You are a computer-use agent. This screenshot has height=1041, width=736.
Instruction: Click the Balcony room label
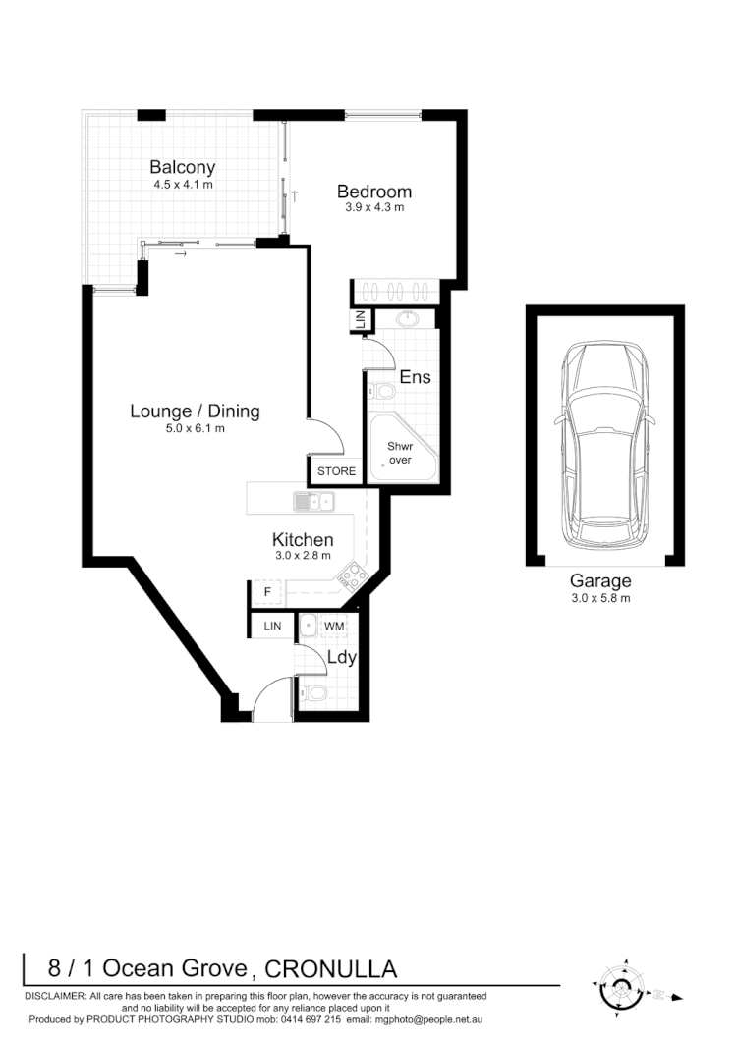182,167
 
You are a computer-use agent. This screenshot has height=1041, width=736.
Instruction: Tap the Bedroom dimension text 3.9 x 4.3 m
373,208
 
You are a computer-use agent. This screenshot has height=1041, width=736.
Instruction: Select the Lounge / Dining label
195,411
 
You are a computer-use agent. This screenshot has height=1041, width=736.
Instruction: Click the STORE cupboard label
336,471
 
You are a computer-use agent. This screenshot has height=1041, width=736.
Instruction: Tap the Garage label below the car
600,581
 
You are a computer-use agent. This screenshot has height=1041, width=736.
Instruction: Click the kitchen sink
313,503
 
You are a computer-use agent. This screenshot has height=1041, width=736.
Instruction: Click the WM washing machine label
334,625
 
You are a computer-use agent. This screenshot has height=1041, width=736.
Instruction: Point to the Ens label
414,377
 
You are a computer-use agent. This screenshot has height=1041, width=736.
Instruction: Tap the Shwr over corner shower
400,452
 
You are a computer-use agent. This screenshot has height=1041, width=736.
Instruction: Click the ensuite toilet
383,393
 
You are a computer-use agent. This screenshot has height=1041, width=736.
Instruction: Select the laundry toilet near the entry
315,694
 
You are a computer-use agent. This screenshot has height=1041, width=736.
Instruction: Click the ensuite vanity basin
409,320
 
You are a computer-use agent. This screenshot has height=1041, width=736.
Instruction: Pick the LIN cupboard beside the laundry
271,625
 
